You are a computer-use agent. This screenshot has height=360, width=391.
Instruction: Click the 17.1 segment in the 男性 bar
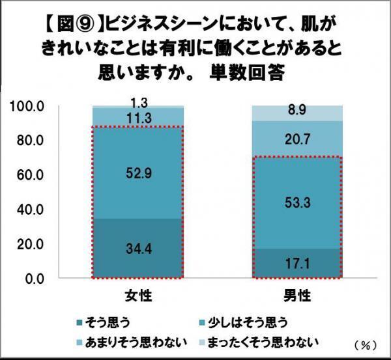(x=297, y=264)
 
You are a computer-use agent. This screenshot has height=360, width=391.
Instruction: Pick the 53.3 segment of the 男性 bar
(x=297, y=203)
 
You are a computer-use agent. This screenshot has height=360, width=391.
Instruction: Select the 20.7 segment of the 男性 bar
(x=297, y=139)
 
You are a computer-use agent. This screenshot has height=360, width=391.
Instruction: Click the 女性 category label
(x=138, y=296)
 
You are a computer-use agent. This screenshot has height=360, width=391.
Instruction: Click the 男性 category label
(x=297, y=296)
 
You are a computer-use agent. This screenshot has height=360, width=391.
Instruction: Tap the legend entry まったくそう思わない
(x=264, y=340)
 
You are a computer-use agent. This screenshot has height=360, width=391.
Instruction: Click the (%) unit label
(x=365, y=342)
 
